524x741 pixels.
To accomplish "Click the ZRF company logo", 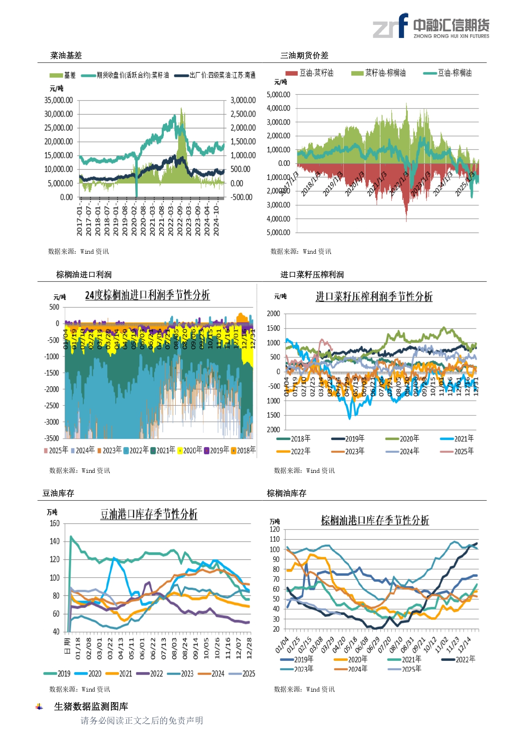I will (x=431, y=26).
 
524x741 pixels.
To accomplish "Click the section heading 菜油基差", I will (x=66, y=55).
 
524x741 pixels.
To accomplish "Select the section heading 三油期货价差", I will (x=304, y=55).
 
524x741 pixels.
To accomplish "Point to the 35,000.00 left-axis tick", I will (x=59, y=100).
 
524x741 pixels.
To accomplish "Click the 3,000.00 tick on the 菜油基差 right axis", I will (x=243, y=100).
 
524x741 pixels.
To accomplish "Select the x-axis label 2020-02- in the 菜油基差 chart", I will (x=134, y=220).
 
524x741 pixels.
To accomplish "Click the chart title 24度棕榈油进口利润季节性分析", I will (x=147, y=295).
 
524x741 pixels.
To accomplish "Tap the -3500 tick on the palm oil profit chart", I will (x=52, y=438).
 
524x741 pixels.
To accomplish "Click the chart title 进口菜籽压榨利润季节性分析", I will (x=374, y=297).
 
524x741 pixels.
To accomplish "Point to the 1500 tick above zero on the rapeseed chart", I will (x=273, y=328).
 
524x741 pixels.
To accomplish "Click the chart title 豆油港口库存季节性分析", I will (x=149, y=514).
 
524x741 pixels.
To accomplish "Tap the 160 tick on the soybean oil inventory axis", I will (x=55, y=524).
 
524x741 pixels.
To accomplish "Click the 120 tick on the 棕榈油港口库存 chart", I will (x=274, y=529).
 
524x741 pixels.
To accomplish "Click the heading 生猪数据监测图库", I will (x=91, y=706).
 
